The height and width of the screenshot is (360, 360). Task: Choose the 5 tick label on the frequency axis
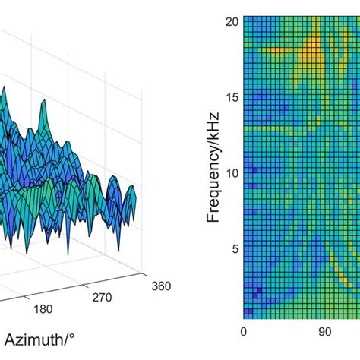tap(234, 248)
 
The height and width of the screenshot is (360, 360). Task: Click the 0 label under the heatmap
tap(244, 332)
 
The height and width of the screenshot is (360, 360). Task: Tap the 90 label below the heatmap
tap(324, 332)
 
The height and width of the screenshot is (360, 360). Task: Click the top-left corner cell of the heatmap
tap(245, 22)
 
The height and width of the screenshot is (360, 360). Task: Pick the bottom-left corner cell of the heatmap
tap(245, 315)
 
